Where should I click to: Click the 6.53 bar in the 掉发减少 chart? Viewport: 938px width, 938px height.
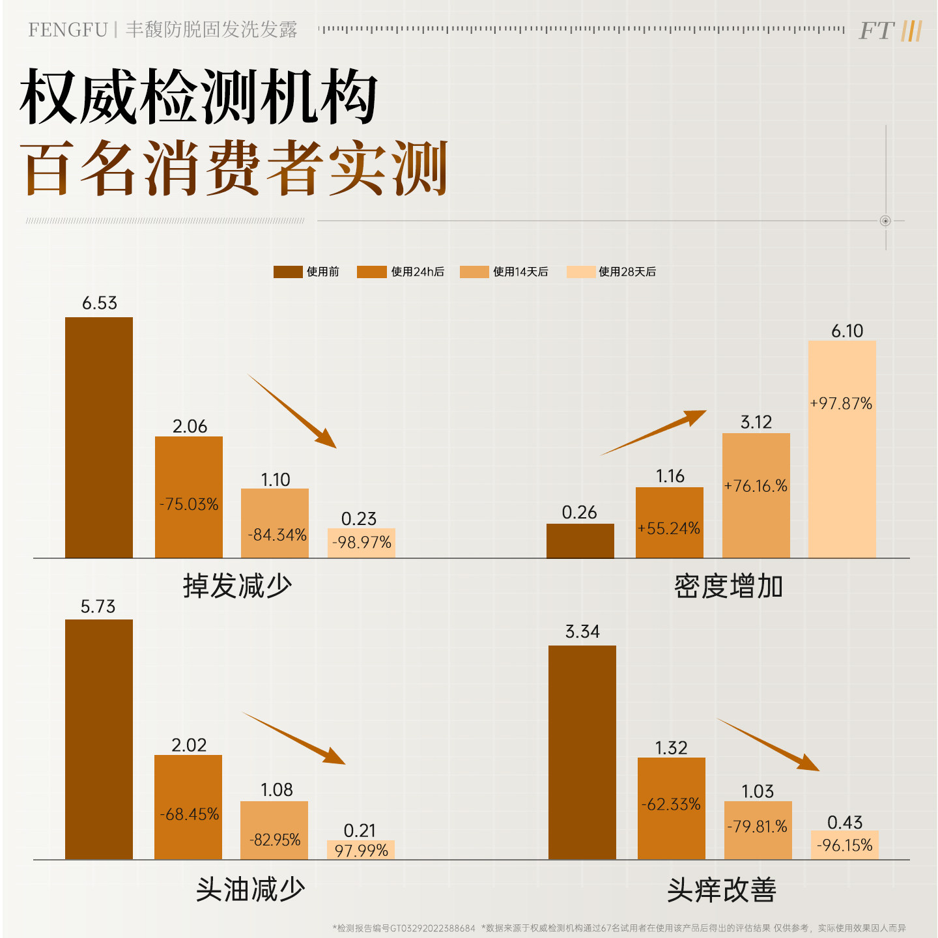coord(99,437)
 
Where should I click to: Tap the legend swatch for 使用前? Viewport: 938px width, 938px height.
coord(288,272)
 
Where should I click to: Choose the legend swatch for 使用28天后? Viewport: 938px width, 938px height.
coord(580,272)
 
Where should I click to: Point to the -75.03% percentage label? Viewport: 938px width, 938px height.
coord(189,504)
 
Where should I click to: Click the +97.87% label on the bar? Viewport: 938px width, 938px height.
coord(841,404)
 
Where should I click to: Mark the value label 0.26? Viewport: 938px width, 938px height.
coord(579,513)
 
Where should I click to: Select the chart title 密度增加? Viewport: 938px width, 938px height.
coord(728,586)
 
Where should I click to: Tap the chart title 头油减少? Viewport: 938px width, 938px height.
coord(250,889)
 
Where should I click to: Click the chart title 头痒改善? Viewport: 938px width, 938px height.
coord(722,890)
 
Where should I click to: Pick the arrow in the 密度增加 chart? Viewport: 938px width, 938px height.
coord(654,432)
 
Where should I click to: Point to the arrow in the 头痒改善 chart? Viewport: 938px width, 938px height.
coord(769,745)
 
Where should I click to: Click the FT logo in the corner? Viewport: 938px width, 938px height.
coord(890,31)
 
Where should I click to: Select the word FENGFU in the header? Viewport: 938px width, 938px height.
coord(68,30)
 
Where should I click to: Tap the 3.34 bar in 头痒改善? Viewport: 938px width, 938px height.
coord(582,752)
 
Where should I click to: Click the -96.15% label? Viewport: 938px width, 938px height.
coord(845,846)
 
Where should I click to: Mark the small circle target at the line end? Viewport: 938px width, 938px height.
coord(885,221)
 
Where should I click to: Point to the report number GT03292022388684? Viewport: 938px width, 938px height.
coord(433,928)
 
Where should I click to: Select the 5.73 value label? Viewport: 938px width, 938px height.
coord(98,607)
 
